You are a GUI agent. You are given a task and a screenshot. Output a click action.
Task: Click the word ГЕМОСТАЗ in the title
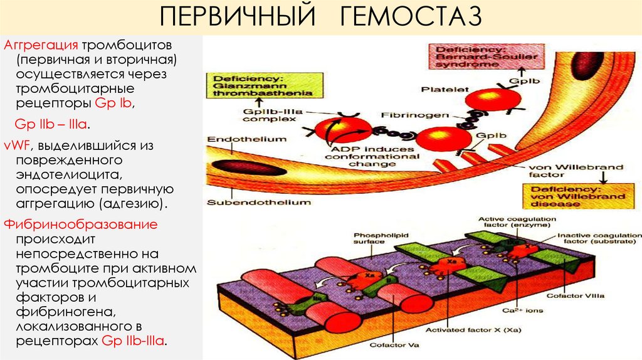point(411,17)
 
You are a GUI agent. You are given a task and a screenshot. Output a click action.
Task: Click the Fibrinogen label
point(408,115)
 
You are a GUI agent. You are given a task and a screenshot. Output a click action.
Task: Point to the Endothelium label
point(238,140)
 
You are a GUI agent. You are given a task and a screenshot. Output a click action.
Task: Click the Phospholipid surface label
point(371,236)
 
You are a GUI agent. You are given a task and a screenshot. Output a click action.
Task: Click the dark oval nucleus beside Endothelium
point(233,168)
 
